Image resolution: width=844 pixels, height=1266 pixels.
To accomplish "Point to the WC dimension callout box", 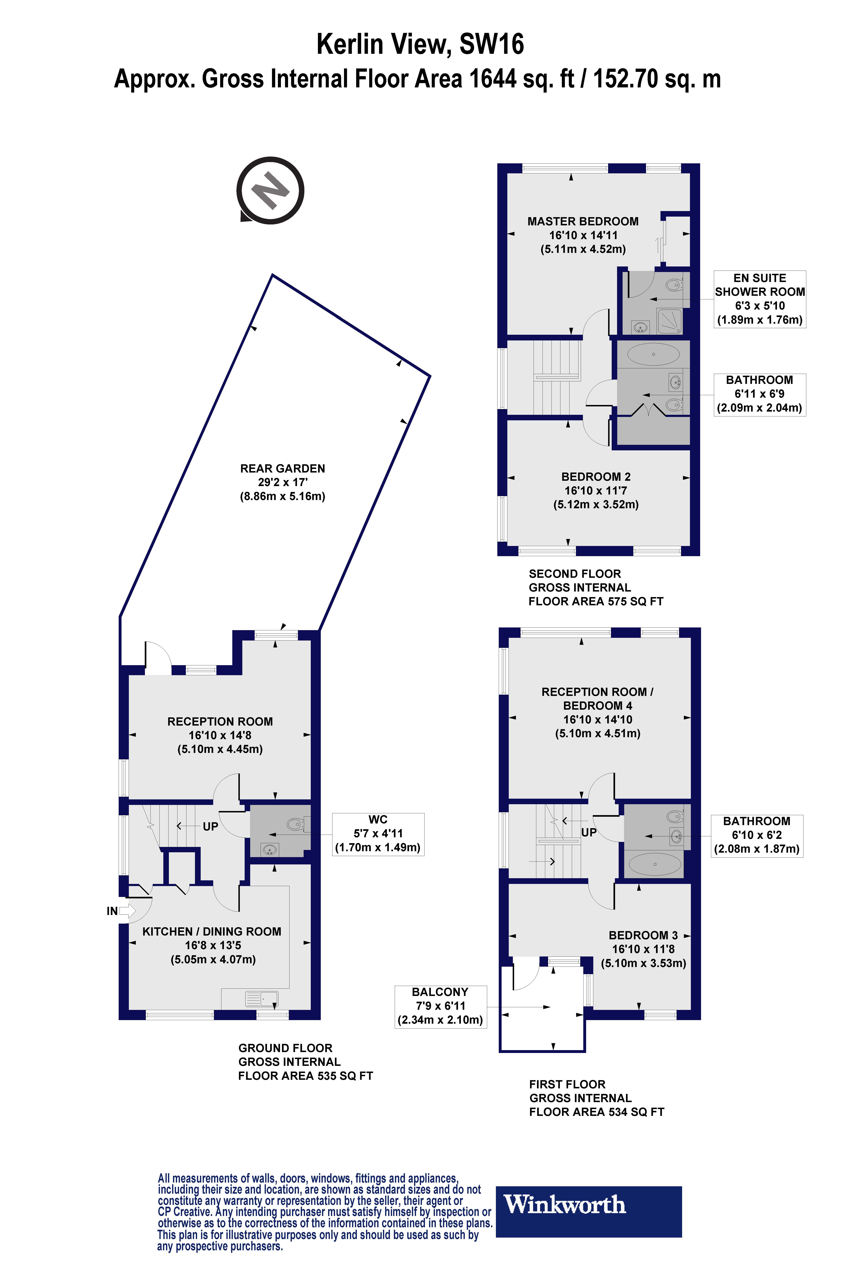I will coord(378,834).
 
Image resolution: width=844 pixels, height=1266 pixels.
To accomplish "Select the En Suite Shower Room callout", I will coord(759,299).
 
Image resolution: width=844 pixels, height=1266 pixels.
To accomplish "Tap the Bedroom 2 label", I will coord(596,490).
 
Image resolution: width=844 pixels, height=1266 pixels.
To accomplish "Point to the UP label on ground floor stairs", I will coord(210,826).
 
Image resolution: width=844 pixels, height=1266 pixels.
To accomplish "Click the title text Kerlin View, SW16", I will coord(420,44).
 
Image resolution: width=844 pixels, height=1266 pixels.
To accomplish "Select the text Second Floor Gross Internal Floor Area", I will coord(595,587).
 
